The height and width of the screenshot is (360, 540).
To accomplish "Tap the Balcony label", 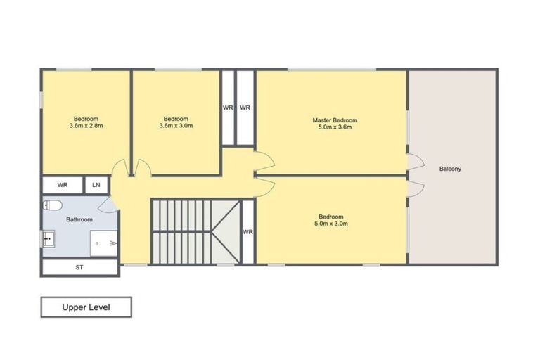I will point(450,169).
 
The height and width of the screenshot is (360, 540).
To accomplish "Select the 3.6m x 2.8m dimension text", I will point(86,127).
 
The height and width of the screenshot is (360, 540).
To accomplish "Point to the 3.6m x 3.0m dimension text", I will point(176,127).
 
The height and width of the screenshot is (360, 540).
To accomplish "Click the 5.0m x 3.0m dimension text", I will point(330,224).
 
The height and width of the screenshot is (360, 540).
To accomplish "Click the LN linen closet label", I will point(96,185).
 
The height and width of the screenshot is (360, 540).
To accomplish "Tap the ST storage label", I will point(79,267).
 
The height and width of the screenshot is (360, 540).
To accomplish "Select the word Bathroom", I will point(79,219).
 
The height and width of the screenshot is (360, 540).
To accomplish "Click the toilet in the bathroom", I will point(53,205).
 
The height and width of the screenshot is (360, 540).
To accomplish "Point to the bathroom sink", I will point(48,240).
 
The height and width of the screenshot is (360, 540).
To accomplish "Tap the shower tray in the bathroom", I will point(103,243).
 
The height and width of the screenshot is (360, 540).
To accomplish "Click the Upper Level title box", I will point(86,307).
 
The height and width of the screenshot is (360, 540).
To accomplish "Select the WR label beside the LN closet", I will point(63,185).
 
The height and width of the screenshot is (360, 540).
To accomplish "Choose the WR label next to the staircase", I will point(247,231).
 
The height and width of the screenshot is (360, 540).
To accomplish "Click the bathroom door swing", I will point(107,205).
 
